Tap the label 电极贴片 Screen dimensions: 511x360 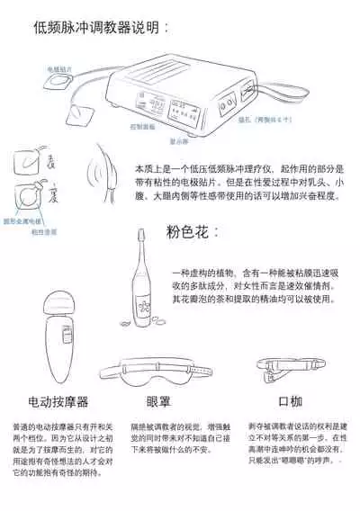pos(60,67)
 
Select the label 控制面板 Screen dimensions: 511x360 pos(141,127)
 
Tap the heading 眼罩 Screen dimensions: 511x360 pos(158,401)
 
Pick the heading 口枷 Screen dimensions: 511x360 pos(265,401)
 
